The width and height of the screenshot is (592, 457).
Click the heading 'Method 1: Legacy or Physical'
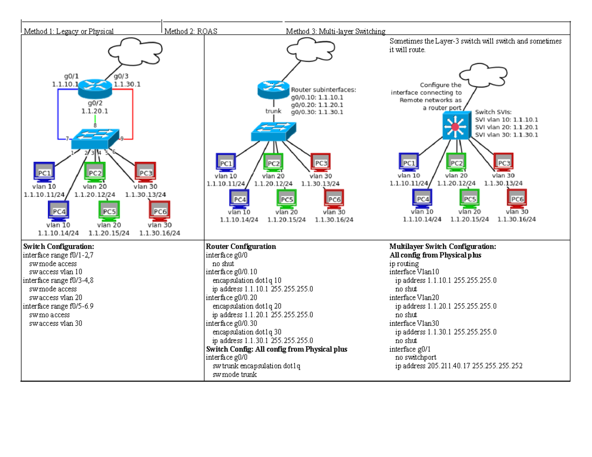(x=69, y=32)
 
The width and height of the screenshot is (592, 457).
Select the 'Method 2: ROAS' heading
(x=190, y=32)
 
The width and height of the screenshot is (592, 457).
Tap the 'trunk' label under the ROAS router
(x=273, y=111)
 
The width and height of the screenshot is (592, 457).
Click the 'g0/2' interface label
(x=95, y=104)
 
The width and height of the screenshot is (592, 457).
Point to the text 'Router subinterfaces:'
(x=323, y=90)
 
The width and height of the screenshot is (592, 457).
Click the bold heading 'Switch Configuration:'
(x=58, y=246)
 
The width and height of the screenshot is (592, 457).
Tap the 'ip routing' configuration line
(x=404, y=264)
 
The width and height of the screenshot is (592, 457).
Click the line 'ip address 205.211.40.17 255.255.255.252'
(x=459, y=366)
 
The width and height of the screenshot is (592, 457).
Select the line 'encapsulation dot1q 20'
(x=247, y=306)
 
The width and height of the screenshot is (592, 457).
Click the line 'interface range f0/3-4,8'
(x=57, y=281)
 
